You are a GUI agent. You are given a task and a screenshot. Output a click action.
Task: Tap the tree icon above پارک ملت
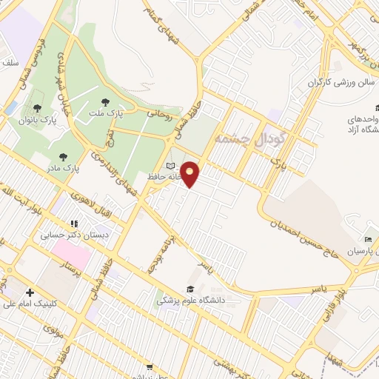(104, 101)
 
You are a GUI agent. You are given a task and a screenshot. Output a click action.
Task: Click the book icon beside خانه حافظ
(171, 165)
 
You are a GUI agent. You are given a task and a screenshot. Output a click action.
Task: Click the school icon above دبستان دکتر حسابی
(73, 224)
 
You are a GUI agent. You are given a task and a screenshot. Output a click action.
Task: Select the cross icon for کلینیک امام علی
(30, 292)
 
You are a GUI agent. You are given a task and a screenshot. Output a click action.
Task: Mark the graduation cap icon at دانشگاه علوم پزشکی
(190, 289)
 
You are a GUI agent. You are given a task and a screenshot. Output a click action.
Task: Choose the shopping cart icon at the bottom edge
(150, 366)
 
